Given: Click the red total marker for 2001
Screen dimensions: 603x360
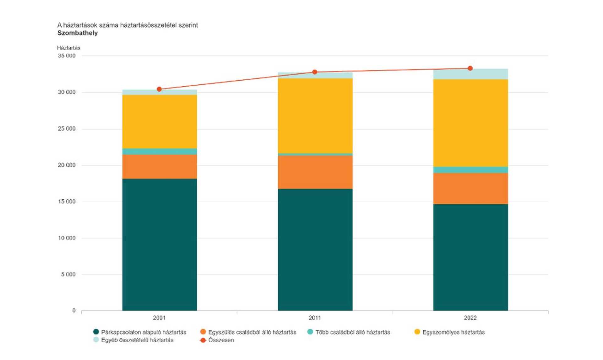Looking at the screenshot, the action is pyautogui.click(x=159, y=89).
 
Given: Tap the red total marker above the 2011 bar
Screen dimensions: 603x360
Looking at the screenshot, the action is pyautogui.click(x=315, y=72).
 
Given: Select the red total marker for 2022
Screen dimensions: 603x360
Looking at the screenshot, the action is pyautogui.click(x=470, y=68).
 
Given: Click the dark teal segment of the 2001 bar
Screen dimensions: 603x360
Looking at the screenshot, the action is pyautogui.click(x=160, y=245).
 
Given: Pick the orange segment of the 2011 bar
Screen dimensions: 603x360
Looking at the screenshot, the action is pyautogui.click(x=315, y=172).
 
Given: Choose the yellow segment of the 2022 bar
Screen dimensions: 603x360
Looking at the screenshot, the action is pyautogui.click(x=470, y=123).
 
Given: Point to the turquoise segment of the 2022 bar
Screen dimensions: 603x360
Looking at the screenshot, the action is pyautogui.click(x=470, y=170).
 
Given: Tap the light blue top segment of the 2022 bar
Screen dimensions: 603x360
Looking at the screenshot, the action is pyautogui.click(x=470, y=74).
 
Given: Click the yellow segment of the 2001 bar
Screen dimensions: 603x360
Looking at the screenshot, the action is pyautogui.click(x=160, y=122).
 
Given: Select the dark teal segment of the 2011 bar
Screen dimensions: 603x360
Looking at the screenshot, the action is pyautogui.click(x=315, y=250).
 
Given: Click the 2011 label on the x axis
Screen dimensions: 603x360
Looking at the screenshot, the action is pyautogui.click(x=315, y=318).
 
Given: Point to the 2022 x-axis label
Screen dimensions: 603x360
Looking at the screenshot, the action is pyautogui.click(x=470, y=318).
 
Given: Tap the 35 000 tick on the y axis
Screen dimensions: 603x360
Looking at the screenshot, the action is pyautogui.click(x=67, y=56).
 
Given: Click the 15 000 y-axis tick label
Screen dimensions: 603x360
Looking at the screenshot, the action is pyautogui.click(x=67, y=201).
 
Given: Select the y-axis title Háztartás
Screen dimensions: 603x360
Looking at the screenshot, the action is pyautogui.click(x=69, y=48).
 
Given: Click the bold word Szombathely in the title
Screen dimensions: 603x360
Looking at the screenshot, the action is pyautogui.click(x=78, y=33).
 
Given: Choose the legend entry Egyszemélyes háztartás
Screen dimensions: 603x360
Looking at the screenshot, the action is pyautogui.click(x=450, y=332).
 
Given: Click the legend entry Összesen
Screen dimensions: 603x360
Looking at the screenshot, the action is pyautogui.click(x=217, y=340).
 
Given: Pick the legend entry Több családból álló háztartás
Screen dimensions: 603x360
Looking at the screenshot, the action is pyautogui.click(x=349, y=332).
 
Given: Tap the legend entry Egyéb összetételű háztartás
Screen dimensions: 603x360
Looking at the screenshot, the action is pyautogui.click(x=133, y=340).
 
